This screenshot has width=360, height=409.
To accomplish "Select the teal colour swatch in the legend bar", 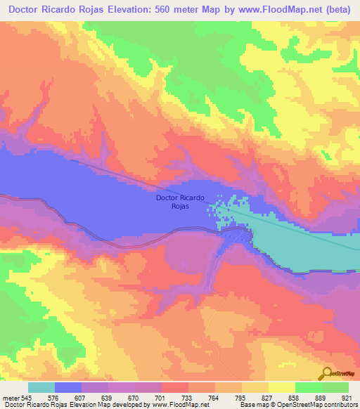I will (41, 387).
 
